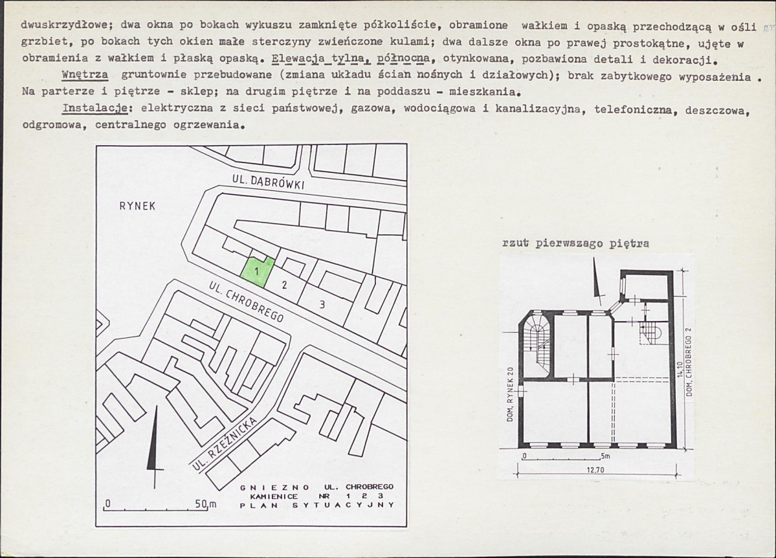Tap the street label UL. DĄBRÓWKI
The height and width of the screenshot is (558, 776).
tap(268, 184)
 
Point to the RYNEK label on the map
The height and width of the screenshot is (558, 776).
tap(138, 206)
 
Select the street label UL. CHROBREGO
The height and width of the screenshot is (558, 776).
tap(247, 303)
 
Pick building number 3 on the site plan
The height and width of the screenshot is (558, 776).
tap(322, 304)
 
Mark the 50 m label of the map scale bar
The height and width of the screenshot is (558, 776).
tap(205, 504)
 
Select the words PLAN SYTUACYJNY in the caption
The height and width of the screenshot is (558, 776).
tap(316, 505)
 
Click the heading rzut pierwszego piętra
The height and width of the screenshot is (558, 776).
tap(576, 244)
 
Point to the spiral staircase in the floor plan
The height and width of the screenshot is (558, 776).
tap(538, 343)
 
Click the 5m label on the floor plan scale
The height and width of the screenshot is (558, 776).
tap(605, 457)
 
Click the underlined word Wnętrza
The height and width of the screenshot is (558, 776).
tap(84, 74)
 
